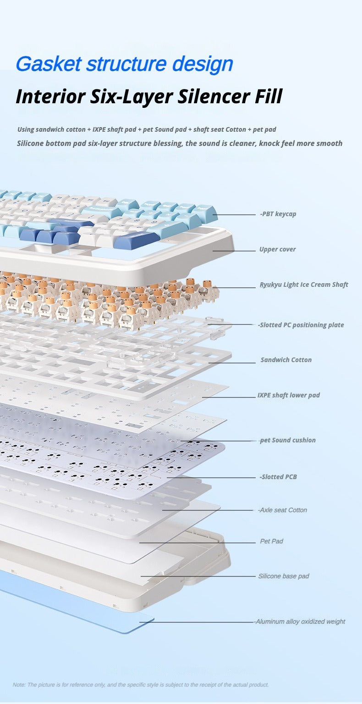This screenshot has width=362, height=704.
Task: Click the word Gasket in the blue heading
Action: pos(49,64)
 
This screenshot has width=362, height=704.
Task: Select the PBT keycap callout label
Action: pos(278,214)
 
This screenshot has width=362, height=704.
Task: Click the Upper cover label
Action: pos(277,249)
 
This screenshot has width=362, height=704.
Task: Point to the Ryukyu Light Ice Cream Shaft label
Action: pos(304,285)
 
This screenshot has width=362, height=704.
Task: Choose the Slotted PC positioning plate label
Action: pos(301,325)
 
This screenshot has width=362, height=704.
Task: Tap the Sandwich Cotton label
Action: pos(286,360)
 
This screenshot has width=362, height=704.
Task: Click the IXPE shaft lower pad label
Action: pos(289,395)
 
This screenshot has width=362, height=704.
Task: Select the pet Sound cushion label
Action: pos(288,440)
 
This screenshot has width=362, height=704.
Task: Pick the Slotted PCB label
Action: pos(278,477)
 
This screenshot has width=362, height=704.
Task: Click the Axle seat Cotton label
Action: pos(282,510)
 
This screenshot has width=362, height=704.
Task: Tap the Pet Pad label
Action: pos(271,541)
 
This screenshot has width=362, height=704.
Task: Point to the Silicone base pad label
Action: pos(284,576)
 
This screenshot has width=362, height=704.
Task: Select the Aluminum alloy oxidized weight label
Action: pos(300,621)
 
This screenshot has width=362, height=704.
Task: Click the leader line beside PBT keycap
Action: pos(234,215)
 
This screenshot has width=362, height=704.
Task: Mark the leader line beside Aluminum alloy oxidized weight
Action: pos(197,622)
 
